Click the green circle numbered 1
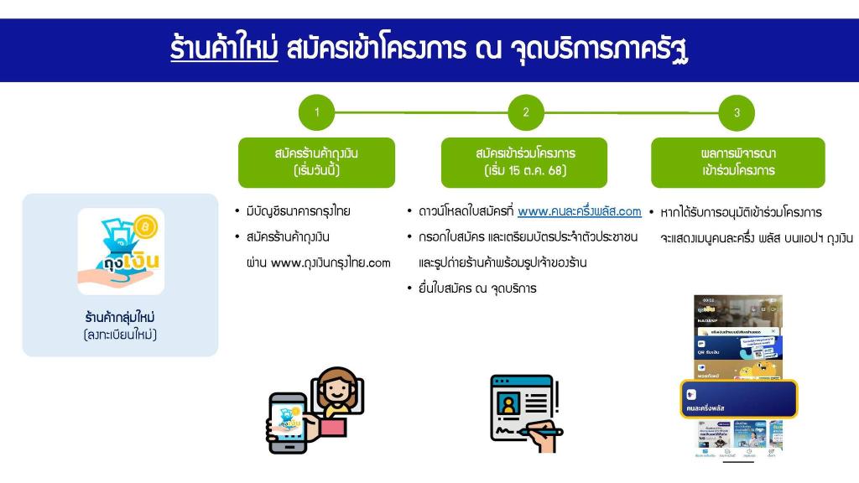(316, 113)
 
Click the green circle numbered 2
(526, 113)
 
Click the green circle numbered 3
(737, 113)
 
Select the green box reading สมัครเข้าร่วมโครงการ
(525, 162)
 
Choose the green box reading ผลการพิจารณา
(737, 162)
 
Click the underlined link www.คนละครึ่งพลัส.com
(579, 211)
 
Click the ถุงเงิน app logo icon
(121, 252)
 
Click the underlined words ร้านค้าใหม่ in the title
(224, 49)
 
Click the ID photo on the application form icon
(507, 403)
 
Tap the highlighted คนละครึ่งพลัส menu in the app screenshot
(738, 399)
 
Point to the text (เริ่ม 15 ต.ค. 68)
(525, 171)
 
